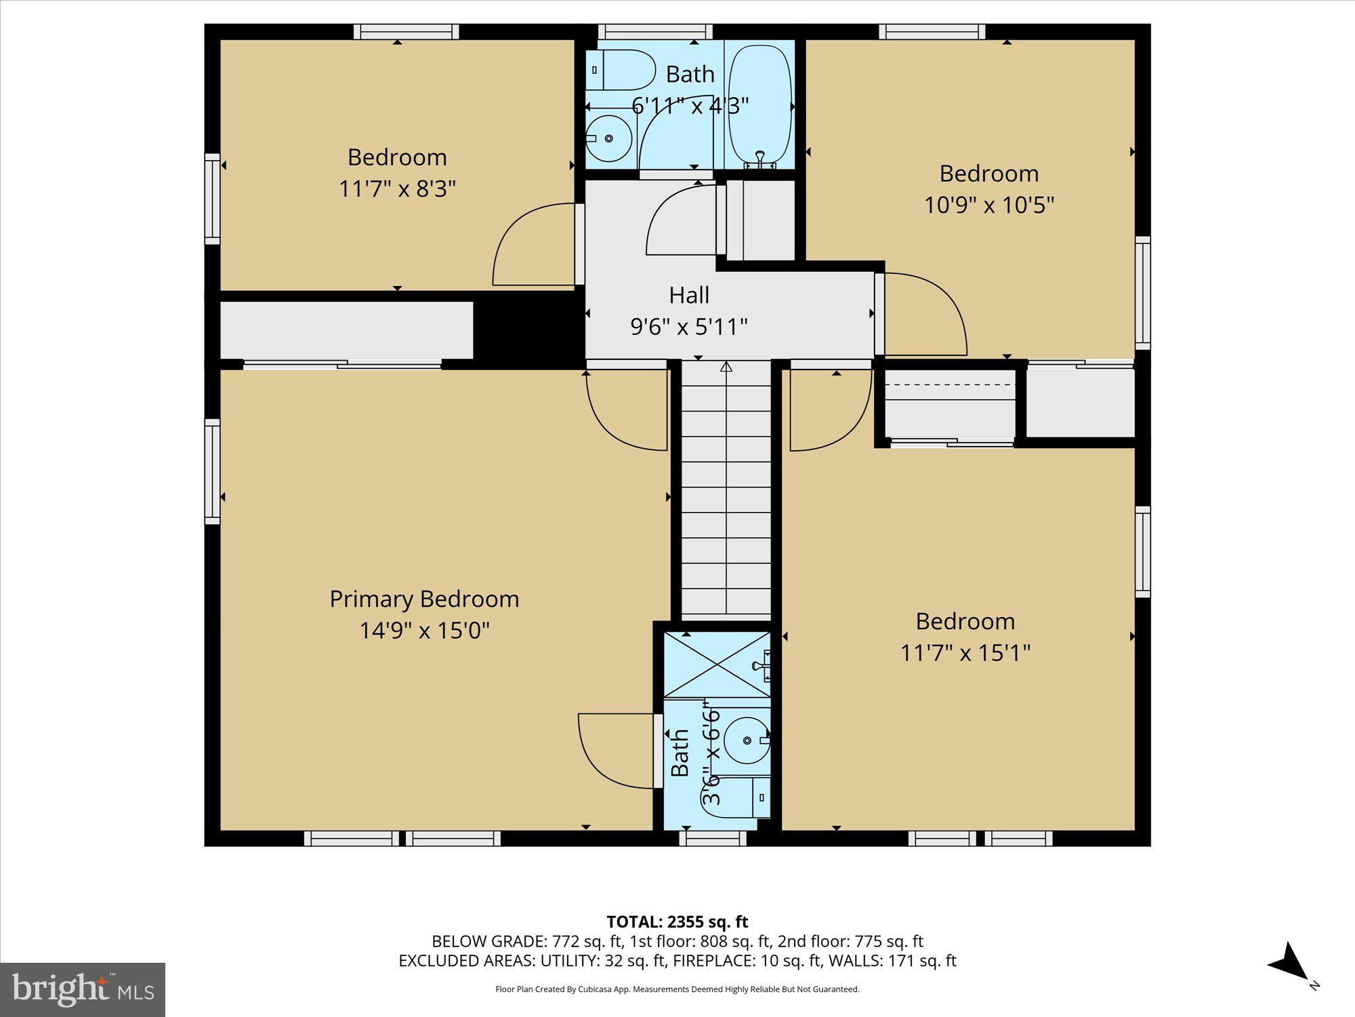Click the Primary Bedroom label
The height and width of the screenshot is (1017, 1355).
pyautogui.click(x=424, y=599)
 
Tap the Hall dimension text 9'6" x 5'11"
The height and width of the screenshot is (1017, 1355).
pyautogui.click(x=689, y=327)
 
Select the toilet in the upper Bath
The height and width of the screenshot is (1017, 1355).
pyautogui.click(x=619, y=70)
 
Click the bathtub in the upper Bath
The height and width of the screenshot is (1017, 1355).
pyautogui.click(x=759, y=105)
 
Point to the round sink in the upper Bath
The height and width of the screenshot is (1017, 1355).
pyautogui.click(x=608, y=138)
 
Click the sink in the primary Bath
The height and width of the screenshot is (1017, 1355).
pyautogui.click(x=747, y=740)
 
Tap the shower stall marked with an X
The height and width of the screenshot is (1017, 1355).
pyautogui.click(x=717, y=664)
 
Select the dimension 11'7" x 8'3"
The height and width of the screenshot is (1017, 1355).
pyautogui.click(x=397, y=188)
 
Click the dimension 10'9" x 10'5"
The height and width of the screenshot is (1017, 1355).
pyautogui.click(x=989, y=205)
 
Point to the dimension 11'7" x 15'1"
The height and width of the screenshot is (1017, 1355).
pyautogui.click(x=965, y=653)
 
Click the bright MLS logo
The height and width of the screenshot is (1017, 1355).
pyautogui.click(x=83, y=990)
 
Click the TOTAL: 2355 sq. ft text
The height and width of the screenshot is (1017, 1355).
pyautogui.click(x=677, y=921)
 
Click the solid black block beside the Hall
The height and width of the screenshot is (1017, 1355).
pyautogui.click(x=528, y=331)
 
